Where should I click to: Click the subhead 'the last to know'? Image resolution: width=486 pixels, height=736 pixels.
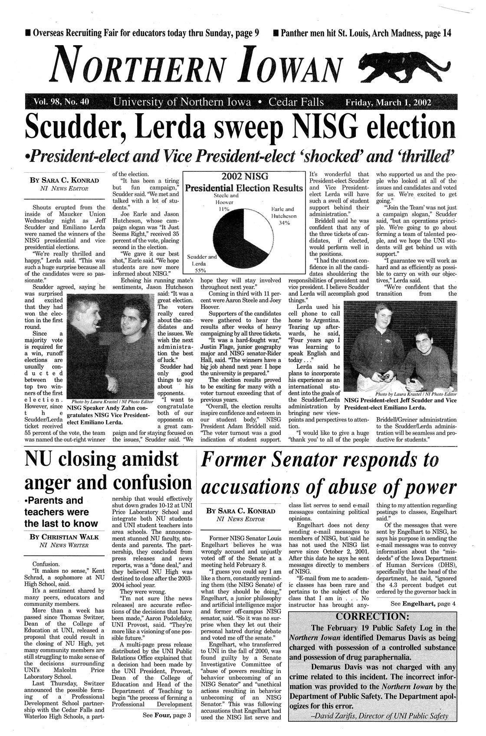[61, 523]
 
